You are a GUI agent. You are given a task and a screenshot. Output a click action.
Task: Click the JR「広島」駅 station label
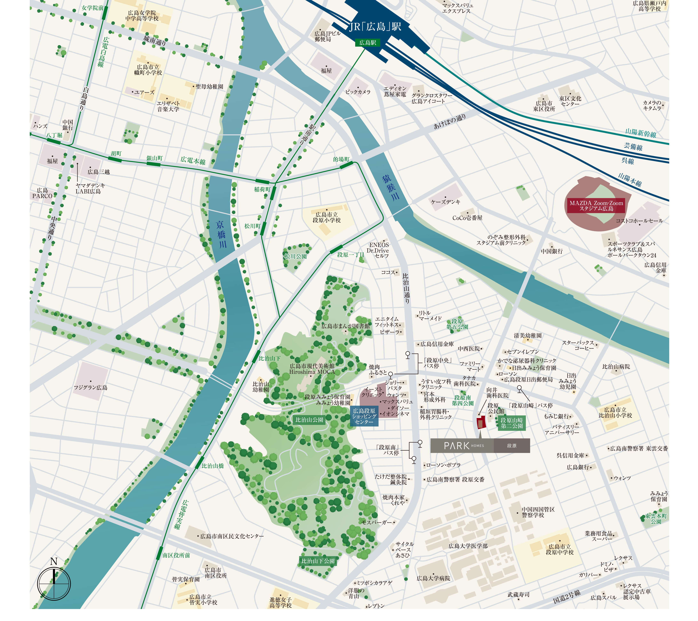click(x=375, y=27)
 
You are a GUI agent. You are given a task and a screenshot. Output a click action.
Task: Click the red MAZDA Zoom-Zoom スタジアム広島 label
click(x=596, y=206)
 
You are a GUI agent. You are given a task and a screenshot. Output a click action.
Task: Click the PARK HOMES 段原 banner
click(x=480, y=446)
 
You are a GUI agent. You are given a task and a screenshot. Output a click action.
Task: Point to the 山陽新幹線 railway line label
click(x=641, y=133)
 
